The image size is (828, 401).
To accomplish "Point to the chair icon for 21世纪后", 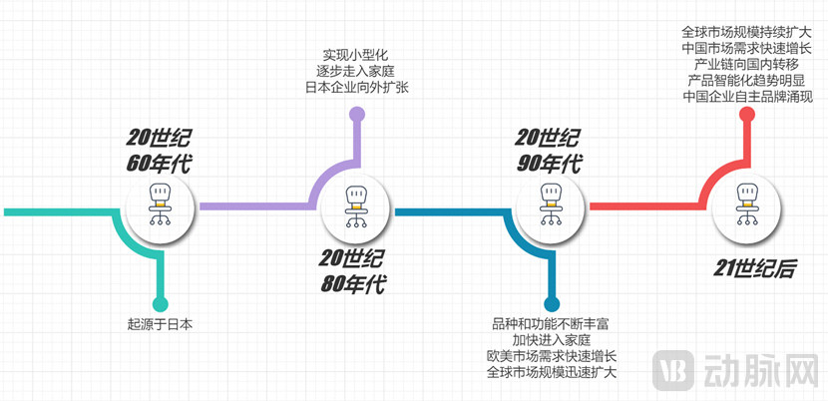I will point(745,206).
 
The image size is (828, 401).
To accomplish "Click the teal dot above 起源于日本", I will point(160,304).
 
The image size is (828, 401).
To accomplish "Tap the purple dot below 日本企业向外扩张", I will point(356,114).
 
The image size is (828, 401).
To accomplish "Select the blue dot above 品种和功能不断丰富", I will point(550,304).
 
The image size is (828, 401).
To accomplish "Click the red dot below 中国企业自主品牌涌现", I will point(745,115).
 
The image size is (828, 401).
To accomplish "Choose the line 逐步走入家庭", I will point(356,71).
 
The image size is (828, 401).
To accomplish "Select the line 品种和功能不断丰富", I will point(552,324).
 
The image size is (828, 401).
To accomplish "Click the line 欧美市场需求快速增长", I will point(552,356).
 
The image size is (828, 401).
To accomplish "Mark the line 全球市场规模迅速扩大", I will point(552,372).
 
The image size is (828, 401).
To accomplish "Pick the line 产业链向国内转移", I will point(747,64).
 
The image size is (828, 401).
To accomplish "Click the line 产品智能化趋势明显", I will point(747,80).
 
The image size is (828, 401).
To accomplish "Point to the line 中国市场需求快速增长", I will point(747,48).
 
